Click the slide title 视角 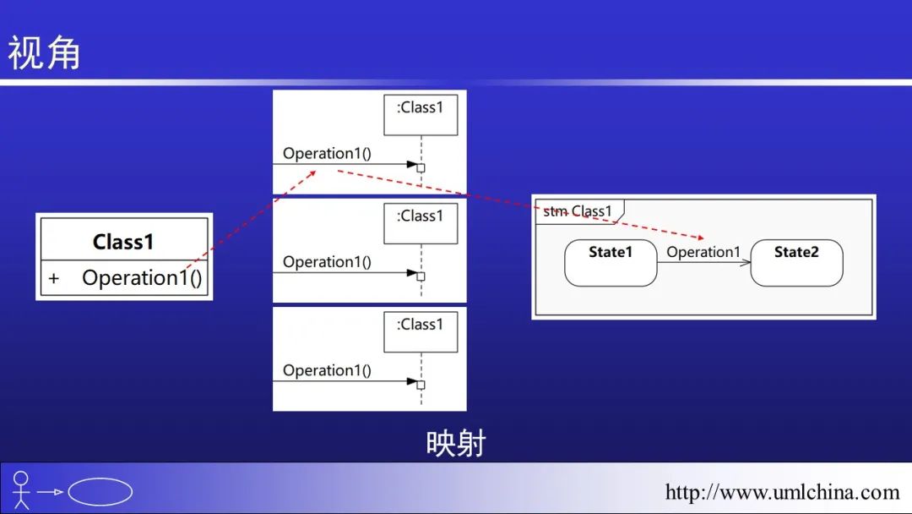44,53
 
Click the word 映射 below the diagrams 455,442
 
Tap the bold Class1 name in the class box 123,242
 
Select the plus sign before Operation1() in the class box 54,278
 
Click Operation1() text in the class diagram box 142,278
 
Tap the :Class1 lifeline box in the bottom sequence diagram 420,332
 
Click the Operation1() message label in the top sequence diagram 327,154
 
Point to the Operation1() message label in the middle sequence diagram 327,262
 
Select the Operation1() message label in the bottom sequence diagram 327,370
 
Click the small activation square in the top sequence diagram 421,168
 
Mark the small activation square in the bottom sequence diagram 421,385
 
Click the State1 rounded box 611,262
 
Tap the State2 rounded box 796,262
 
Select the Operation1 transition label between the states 703,252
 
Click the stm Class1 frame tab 578,211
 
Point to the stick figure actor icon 21,490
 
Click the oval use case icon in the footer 100,492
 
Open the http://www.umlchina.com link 782,492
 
